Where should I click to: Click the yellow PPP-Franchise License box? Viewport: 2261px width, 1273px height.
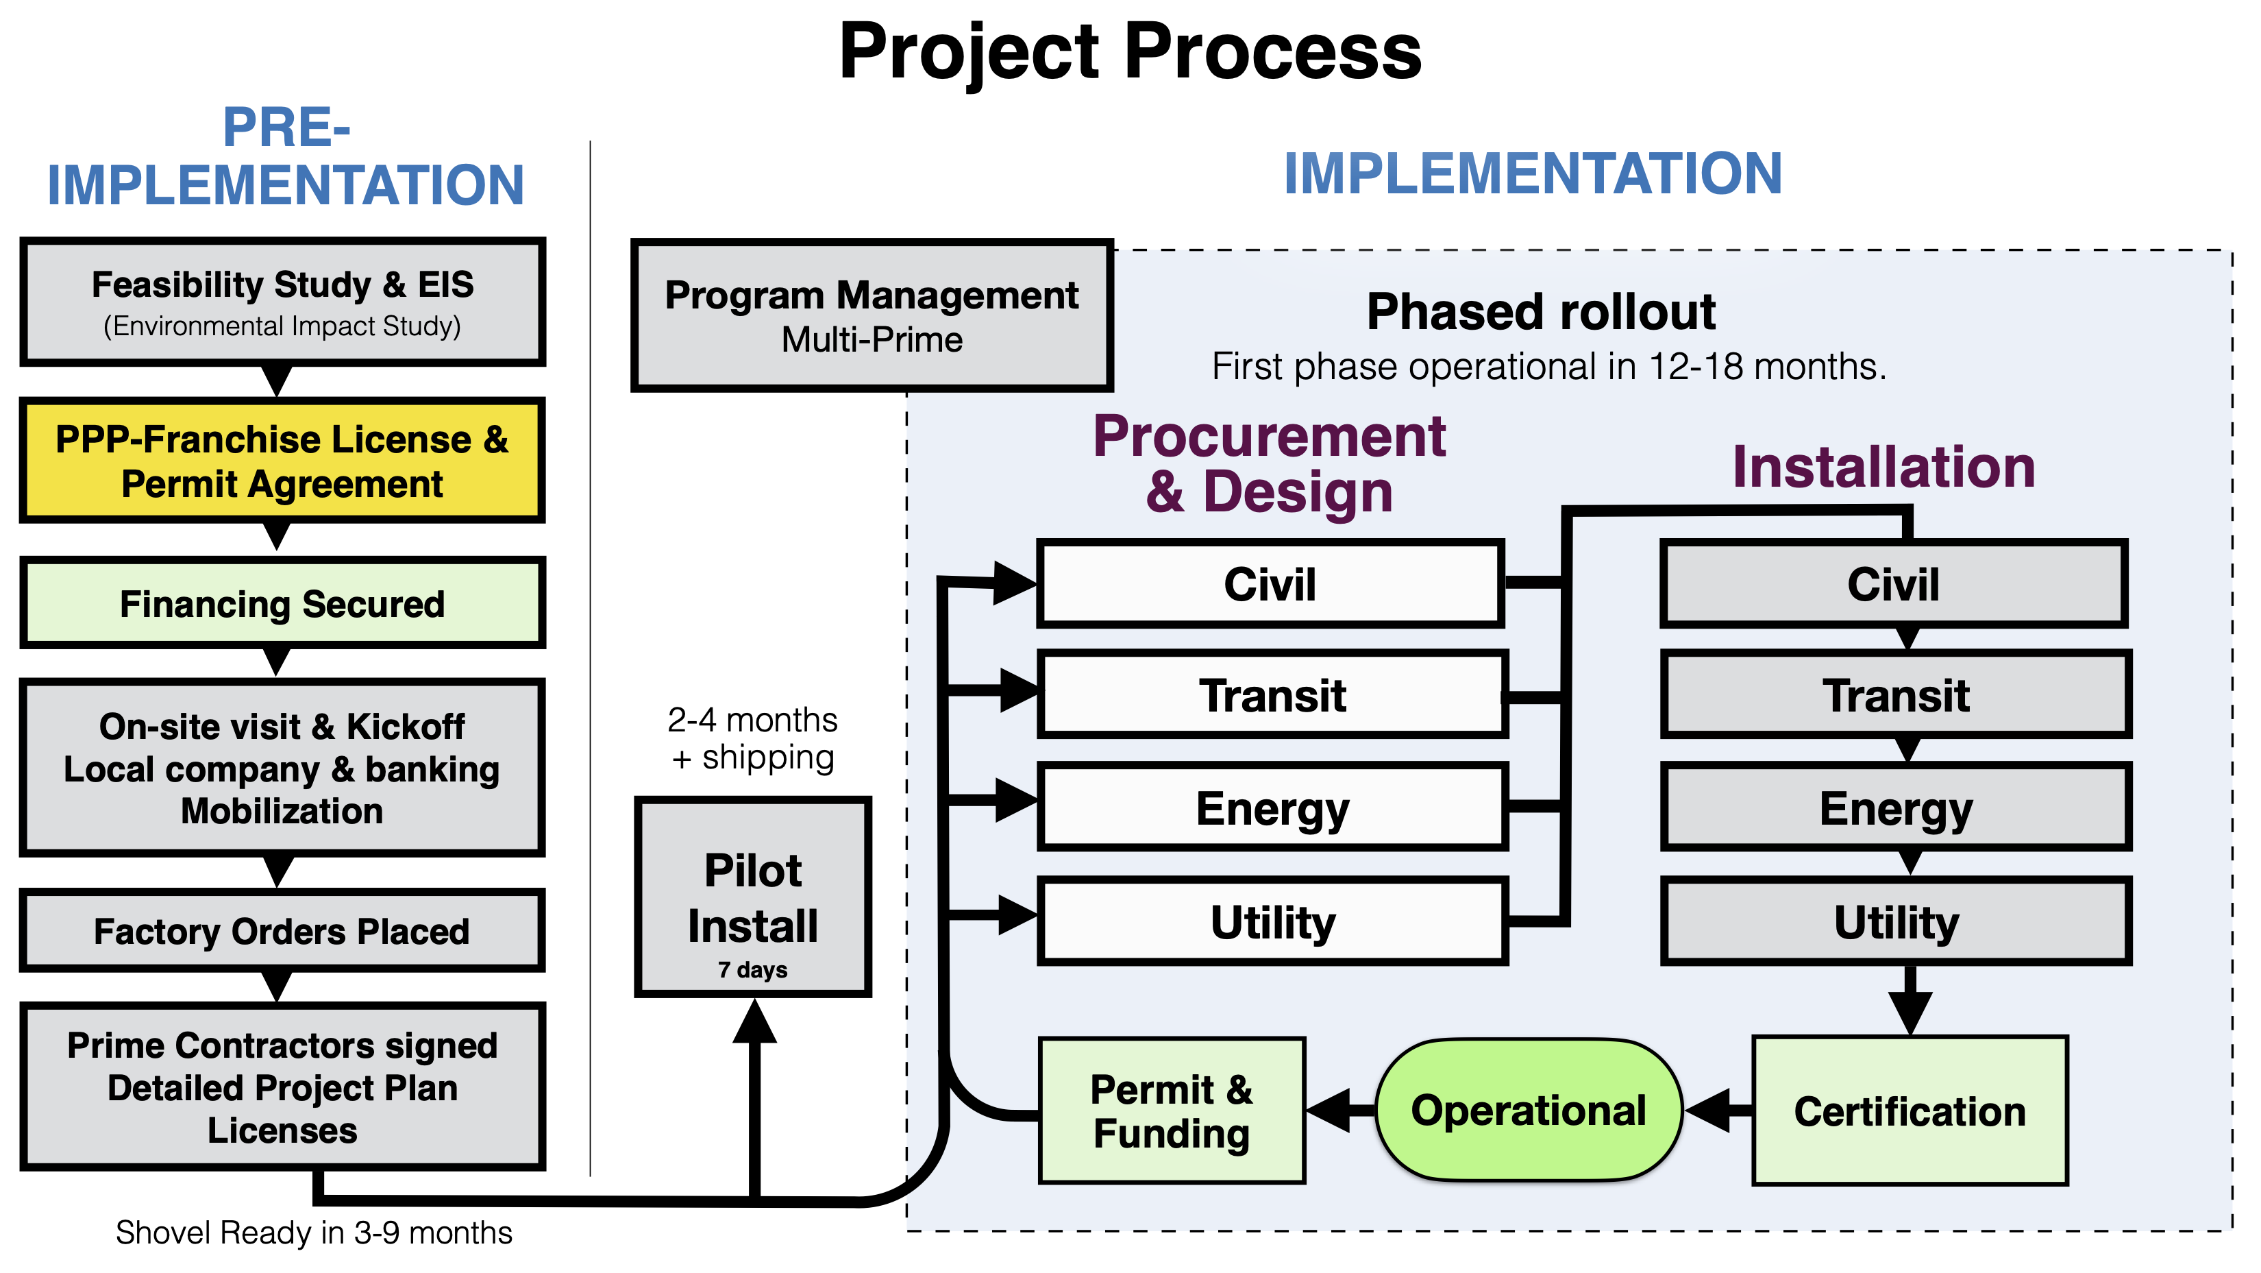[x=282, y=461]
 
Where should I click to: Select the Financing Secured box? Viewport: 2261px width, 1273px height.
[x=282, y=604]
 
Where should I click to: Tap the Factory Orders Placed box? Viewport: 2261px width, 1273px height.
[x=282, y=931]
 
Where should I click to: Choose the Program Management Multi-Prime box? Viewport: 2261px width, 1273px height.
[x=872, y=316]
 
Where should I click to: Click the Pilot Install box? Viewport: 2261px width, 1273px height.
[x=753, y=897]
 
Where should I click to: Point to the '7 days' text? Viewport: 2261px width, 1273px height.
[x=753, y=970]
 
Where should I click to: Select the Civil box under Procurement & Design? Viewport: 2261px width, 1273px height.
[x=1270, y=584]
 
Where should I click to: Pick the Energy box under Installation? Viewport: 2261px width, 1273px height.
[x=1896, y=808]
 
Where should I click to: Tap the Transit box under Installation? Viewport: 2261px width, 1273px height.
[x=1896, y=695]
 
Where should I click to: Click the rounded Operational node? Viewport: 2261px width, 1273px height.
[x=1528, y=1111]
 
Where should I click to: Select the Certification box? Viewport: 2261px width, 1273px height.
[x=1910, y=1111]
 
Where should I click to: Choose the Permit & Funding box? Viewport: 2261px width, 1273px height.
[x=1172, y=1111]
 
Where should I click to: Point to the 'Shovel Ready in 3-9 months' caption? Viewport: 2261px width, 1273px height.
[x=313, y=1233]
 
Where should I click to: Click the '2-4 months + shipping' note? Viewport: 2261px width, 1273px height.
[x=753, y=738]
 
